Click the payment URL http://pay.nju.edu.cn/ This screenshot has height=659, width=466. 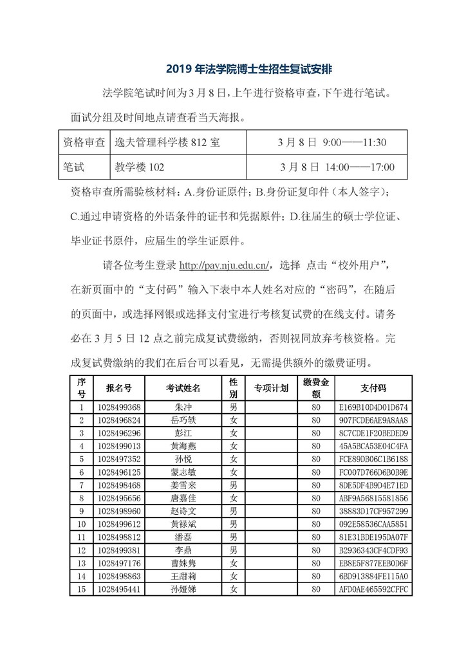pyautogui.click(x=225, y=265)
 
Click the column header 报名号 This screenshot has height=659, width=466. pyautogui.click(x=119, y=388)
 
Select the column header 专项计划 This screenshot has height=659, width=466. pyautogui.click(x=270, y=388)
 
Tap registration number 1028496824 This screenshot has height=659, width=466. pyautogui.click(x=120, y=420)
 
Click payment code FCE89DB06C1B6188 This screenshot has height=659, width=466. pyautogui.click(x=373, y=459)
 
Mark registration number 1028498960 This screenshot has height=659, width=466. pyautogui.click(x=120, y=510)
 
